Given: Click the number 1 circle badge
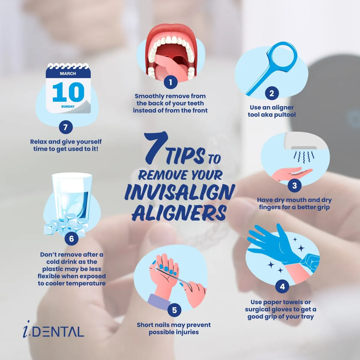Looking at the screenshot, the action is coord(170,82).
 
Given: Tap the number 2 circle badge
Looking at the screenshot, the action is coord(271,93).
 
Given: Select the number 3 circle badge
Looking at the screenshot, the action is coord(294,185).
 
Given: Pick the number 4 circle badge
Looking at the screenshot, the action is coord(282,286).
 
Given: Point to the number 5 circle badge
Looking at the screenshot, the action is coord(174,310).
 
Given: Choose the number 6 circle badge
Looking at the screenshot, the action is coord(71,238).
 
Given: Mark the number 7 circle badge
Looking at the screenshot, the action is coord(66,127).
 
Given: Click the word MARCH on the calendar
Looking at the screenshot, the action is coord(68,73).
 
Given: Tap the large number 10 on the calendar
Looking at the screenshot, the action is coord(68,92).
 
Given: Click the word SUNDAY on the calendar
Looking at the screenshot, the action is coord(68,106).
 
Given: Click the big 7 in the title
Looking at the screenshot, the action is coord(154,148).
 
